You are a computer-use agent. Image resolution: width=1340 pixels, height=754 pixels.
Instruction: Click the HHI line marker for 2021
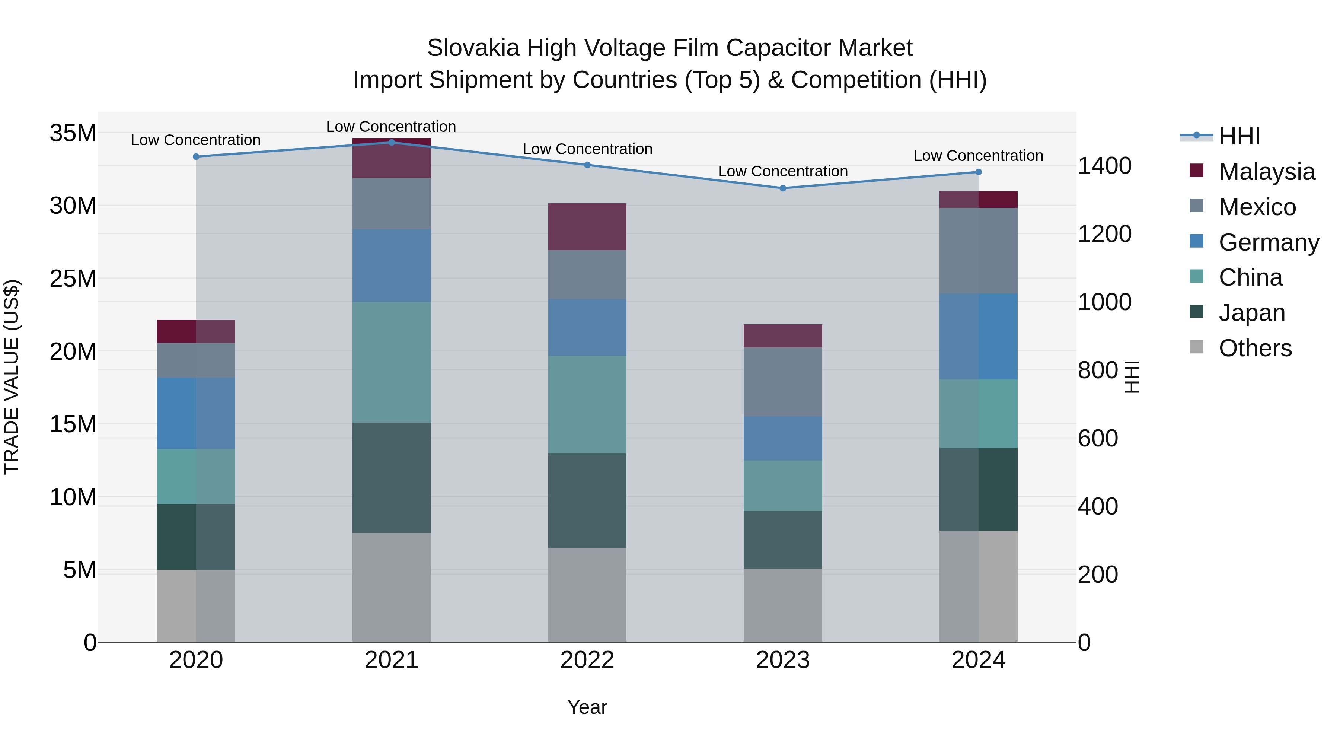point(392,142)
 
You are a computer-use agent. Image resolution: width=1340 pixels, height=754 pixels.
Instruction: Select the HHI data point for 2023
point(783,188)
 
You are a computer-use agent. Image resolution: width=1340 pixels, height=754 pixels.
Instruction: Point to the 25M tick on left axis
point(73,279)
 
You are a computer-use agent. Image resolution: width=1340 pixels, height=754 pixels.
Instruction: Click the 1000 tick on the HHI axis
point(1104,302)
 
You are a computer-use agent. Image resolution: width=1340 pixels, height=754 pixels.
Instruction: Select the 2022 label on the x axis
point(587,660)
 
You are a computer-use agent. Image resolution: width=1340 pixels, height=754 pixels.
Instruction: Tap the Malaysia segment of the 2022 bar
point(587,226)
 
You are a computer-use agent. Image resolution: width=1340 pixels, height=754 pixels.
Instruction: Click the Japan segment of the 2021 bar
point(392,477)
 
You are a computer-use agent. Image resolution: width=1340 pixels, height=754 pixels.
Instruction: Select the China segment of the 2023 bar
point(783,486)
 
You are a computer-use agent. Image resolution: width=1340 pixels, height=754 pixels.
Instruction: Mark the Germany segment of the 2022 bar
point(587,327)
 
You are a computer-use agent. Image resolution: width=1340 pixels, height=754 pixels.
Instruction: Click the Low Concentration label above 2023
point(783,171)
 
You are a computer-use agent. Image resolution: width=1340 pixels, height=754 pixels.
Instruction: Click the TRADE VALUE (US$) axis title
point(12,377)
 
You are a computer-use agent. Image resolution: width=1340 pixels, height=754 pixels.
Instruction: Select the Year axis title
point(587,707)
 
